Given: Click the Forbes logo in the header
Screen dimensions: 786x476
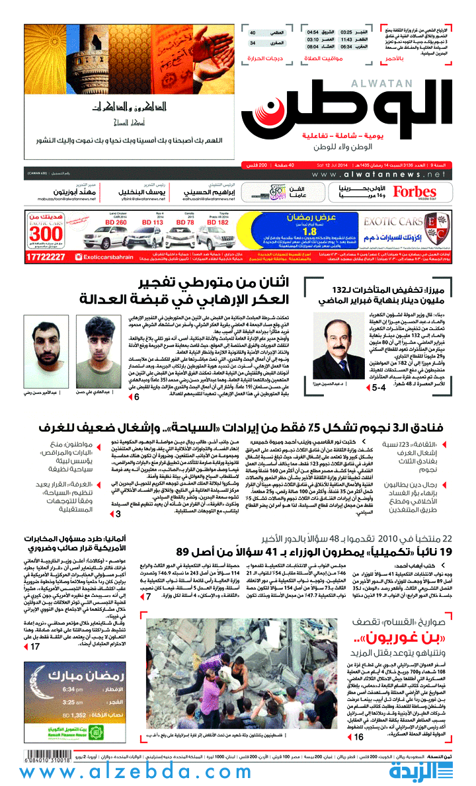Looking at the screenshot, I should pyautogui.click(x=415, y=192).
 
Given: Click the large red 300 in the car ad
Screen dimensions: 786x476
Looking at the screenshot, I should pyautogui.click(x=47, y=235).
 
